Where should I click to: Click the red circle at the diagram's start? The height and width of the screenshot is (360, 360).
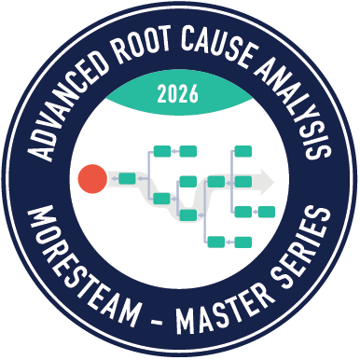(x=93, y=178)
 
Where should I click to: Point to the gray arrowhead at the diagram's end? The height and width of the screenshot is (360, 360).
(x=268, y=178)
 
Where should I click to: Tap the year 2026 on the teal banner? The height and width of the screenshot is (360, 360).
(x=180, y=93)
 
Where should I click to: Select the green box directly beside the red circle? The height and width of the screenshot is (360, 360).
(x=127, y=177)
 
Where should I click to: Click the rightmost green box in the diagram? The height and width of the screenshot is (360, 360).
(x=266, y=212)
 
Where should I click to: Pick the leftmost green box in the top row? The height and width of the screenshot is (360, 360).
(x=161, y=150)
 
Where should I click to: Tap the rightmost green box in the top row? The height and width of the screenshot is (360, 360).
(x=243, y=150)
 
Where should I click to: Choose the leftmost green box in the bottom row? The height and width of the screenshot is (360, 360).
(x=216, y=242)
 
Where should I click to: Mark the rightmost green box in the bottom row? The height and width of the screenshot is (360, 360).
(x=242, y=242)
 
